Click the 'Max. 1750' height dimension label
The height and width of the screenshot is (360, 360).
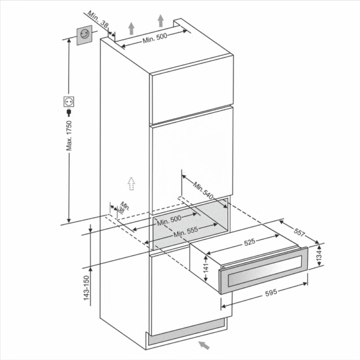(x=69, y=136)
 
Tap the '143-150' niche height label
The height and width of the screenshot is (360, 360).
(x=86, y=288)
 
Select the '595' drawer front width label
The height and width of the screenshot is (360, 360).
(x=271, y=293)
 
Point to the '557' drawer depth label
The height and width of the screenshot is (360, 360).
(x=299, y=232)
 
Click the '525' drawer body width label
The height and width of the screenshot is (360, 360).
(x=250, y=242)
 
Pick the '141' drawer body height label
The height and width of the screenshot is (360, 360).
(x=206, y=268)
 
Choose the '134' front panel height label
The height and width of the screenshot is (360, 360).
(x=319, y=255)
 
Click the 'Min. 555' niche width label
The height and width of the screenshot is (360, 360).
(x=185, y=232)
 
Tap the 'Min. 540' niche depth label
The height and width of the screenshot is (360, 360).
(x=203, y=190)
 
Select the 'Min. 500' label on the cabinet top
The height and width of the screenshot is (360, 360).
(x=155, y=38)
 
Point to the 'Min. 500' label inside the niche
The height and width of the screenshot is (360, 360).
(x=169, y=220)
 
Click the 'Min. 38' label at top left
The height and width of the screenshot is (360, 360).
(x=98, y=20)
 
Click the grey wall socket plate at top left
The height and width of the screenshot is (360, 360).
(x=84, y=35)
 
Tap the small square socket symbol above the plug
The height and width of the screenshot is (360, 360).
(x=68, y=102)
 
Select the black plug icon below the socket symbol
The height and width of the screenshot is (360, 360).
(x=68, y=113)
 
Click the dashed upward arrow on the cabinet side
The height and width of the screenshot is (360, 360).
(x=131, y=184)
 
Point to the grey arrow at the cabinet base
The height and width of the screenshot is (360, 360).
(x=204, y=346)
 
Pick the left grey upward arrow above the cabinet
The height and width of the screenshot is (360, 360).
(x=131, y=28)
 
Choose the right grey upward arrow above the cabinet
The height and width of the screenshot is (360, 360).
(x=161, y=21)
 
